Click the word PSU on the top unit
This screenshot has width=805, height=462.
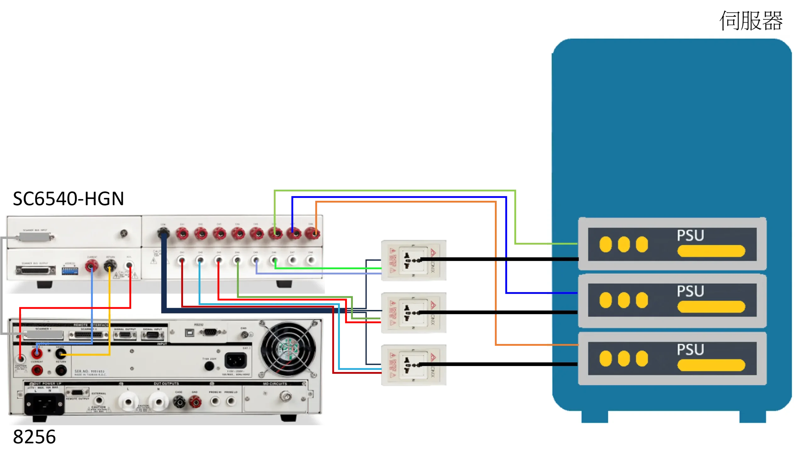pyautogui.click(x=690, y=235)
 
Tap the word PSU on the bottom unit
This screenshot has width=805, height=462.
pyautogui.click(x=690, y=350)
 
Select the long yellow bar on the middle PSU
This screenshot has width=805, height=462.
pyautogui.click(x=711, y=307)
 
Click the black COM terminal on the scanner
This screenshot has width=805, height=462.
pyautogui.click(x=163, y=234)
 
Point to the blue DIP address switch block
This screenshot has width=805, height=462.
pyautogui.click(x=70, y=271)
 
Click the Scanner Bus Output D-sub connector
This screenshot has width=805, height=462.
pyautogui.click(x=36, y=271)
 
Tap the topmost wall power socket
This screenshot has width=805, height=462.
pyautogui.click(x=414, y=260)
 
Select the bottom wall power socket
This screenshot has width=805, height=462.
pyautogui.click(x=414, y=365)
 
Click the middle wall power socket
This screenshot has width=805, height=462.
pyautogui.click(x=414, y=313)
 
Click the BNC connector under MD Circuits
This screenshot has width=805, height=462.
pyautogui.click(x=284, y=396)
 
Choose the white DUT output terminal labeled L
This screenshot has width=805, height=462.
pyautogui.click(x=128, y=402)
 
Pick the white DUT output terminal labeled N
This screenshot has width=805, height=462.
pyautogui.click(x=158, y=402)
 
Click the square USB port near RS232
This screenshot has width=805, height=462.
pyautogui.click(x=189, y=333)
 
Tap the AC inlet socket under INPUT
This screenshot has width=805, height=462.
pyautogui.click(x=235, y=360)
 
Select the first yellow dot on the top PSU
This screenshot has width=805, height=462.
pyautogui.click(x=605, y=244)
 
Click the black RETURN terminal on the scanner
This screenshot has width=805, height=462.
pyautogui.click(x=110, y=266)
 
